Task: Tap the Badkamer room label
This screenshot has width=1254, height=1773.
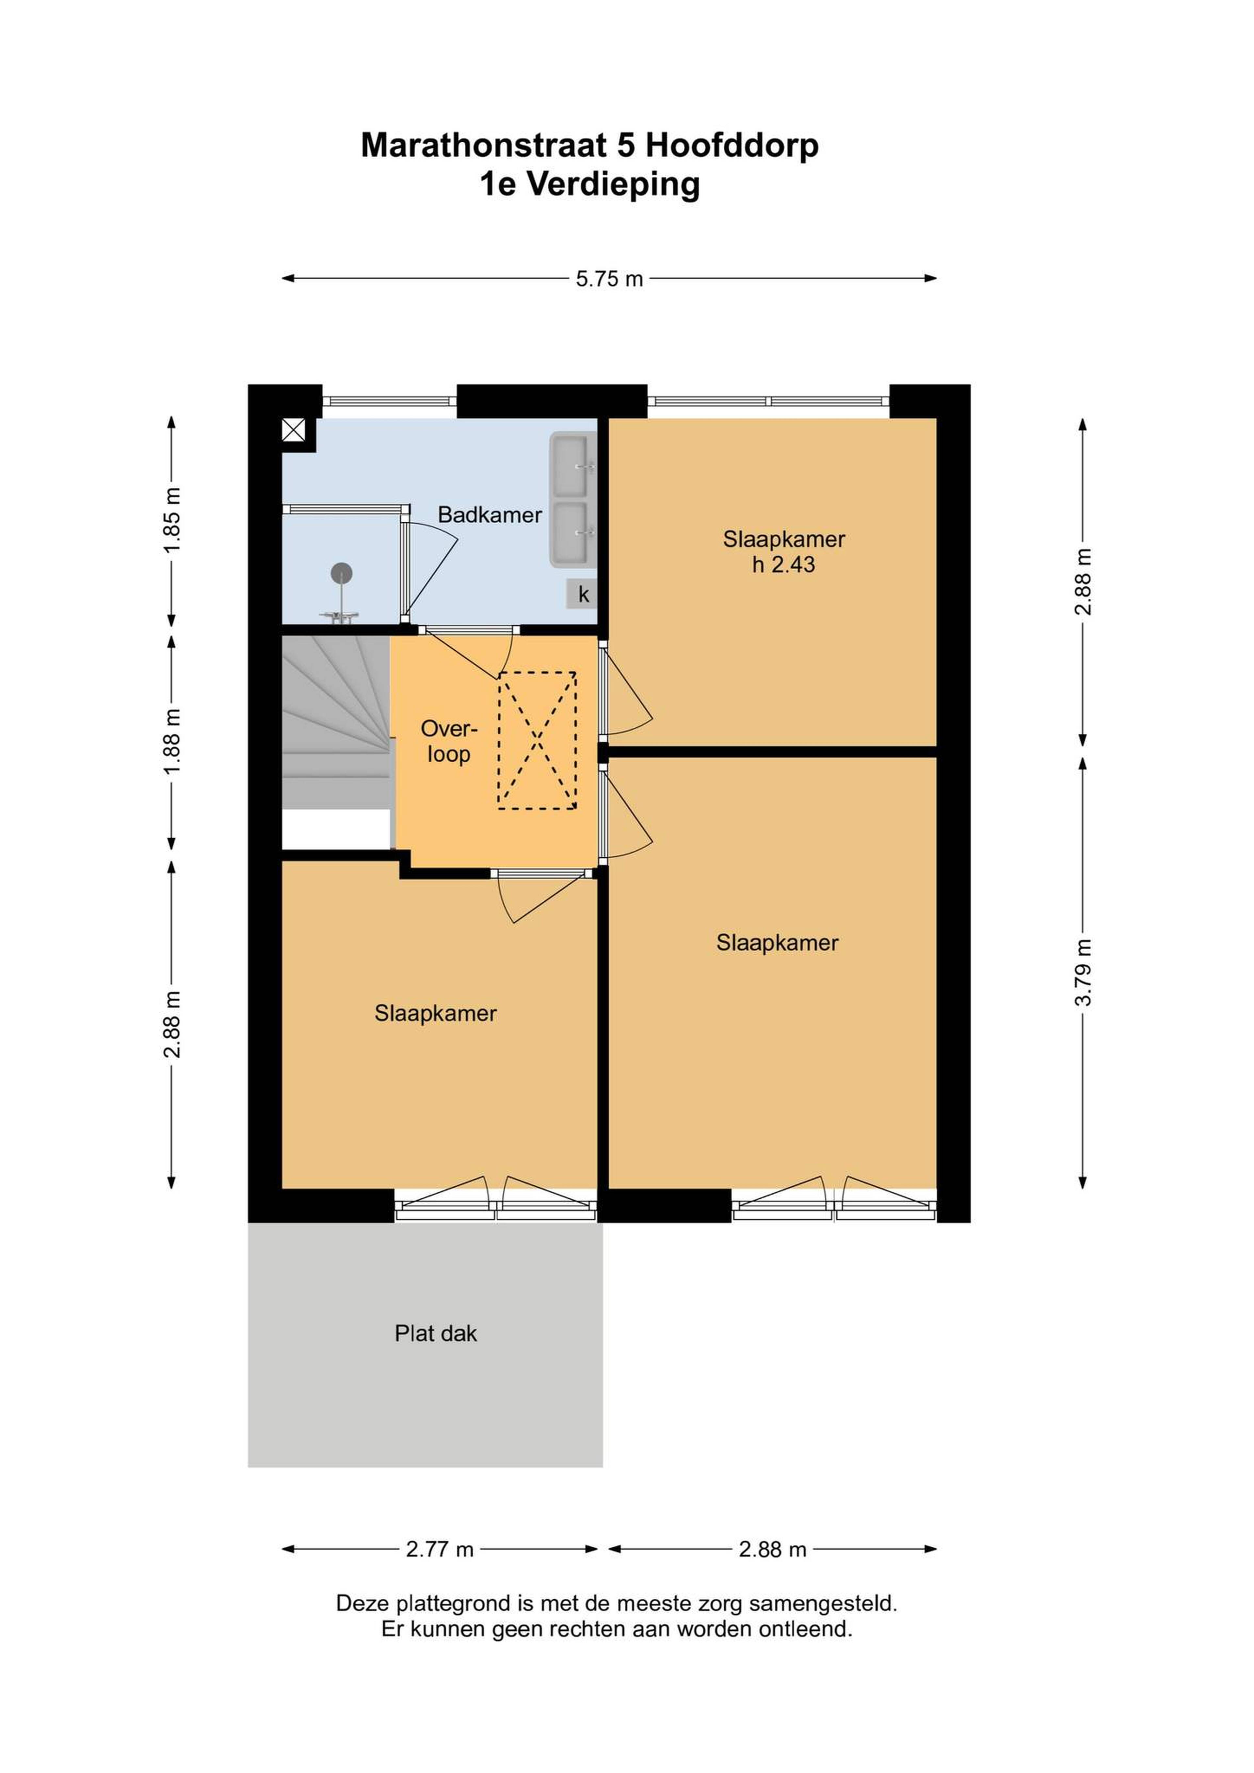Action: point(490,515)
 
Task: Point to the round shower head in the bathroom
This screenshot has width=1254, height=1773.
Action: point(342,573)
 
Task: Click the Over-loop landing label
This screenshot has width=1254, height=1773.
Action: point(449,741)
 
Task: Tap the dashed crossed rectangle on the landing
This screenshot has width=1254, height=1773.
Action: point(537,740)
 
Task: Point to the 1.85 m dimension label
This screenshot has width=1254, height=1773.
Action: point(171,520)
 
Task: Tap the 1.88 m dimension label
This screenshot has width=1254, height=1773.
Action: point(171,741)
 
